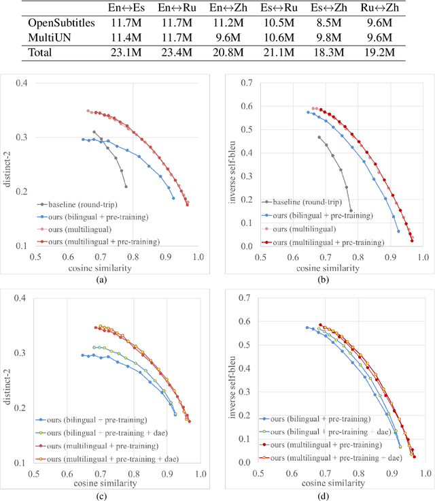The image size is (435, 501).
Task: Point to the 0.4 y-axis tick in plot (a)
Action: click(22, 84)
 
